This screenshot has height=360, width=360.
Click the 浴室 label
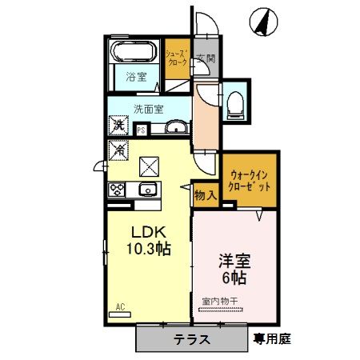coord(136,78)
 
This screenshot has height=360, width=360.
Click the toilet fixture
coord(235,102)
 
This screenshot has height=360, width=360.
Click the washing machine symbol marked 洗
coord(118,126)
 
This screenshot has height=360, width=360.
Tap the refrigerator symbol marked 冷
coord(118,148)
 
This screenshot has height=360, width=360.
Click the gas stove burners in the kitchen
coord(118,190)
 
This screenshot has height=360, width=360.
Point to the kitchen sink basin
coord(147,190)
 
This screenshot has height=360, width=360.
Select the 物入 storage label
coord(206,194)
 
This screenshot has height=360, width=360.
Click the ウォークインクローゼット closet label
coord(249,179)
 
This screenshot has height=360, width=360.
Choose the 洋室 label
coord(233,261)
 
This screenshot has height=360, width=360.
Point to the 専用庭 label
coord(273,338)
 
